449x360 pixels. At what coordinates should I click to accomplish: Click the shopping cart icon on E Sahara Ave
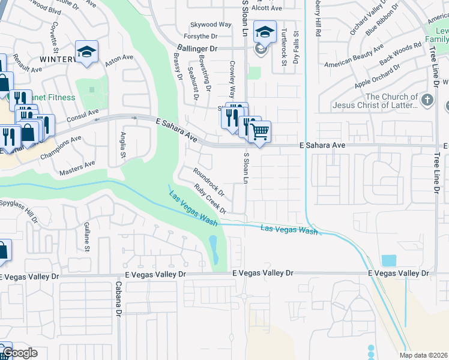click(259, 131)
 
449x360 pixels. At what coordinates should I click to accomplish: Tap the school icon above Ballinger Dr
click(264, 31)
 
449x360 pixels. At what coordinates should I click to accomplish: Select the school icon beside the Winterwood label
click(86, 52)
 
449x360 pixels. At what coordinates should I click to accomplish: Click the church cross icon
click(427, 100)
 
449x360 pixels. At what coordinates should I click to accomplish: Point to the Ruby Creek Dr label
click(209, 199)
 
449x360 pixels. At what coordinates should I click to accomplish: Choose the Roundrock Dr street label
click(208, 182)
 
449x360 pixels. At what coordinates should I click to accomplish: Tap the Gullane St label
click(88, 236)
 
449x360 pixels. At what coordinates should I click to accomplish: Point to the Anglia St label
click(123, 145)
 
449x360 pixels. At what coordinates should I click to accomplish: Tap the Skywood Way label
click(211, 25)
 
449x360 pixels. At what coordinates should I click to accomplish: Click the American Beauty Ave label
click(354, 56)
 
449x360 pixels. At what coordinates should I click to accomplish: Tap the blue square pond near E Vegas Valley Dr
click(388, 260)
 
